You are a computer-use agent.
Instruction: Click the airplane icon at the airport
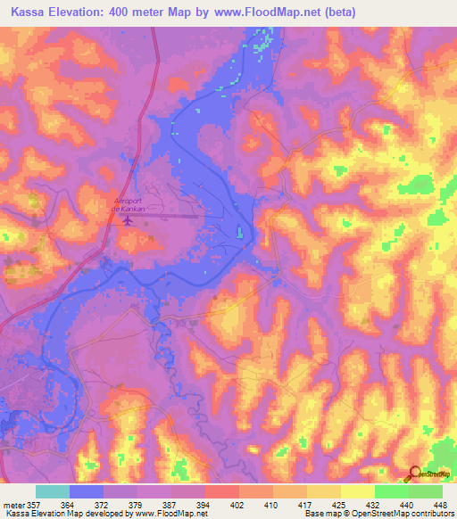[127, 220]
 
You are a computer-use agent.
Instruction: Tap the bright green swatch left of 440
[391, 492]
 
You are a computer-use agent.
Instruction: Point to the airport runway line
[174, 215]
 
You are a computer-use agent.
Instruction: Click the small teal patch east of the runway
[239, 234]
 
